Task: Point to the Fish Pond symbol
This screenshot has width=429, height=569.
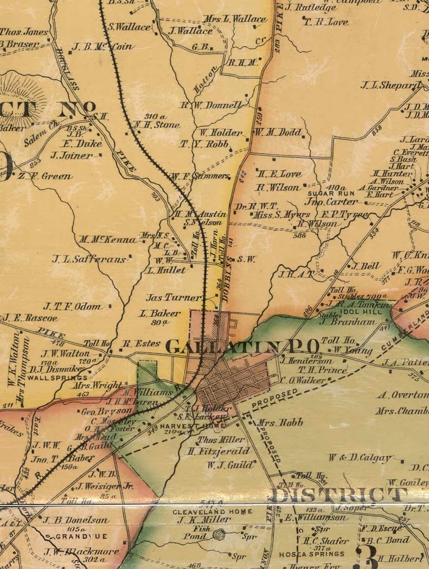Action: tap(218, 534)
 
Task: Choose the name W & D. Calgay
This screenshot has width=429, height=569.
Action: tap(360, 458)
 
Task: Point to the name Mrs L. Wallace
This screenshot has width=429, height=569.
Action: tap(234, 19)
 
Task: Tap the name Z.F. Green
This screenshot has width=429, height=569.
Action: tap(45, 177)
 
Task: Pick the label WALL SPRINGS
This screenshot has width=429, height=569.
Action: tap(58, 378)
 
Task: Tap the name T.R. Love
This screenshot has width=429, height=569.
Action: tap(326, 22)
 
